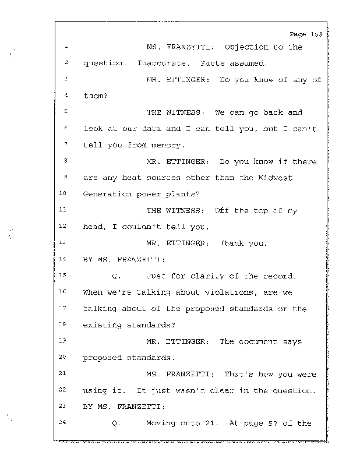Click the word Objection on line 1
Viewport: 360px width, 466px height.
coord(246,47)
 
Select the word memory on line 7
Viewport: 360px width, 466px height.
coord(169,144)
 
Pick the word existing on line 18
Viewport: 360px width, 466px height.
coord(103,325)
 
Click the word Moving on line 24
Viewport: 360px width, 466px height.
coord(161,423)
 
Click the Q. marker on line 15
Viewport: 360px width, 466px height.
coord(115,276)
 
